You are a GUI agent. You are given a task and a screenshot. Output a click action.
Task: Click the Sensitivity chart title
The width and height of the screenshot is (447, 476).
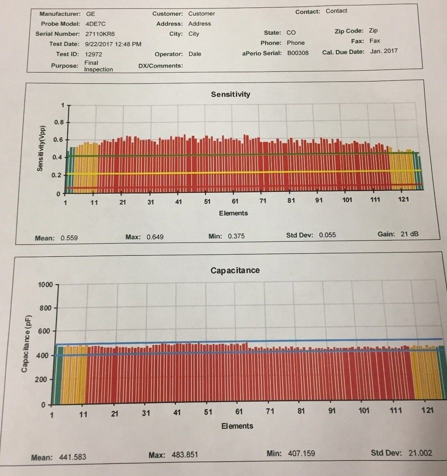(x=230, y=94)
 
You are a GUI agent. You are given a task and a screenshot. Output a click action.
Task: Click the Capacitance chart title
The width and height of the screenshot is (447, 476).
(x=235, y=270)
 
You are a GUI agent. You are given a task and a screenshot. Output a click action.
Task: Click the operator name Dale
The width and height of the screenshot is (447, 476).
(x=195, y=54)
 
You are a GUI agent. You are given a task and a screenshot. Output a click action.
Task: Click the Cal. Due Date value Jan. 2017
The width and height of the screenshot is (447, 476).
(x=382, y=51)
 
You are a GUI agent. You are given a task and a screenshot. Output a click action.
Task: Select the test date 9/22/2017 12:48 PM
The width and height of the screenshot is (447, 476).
(x=113, y=44)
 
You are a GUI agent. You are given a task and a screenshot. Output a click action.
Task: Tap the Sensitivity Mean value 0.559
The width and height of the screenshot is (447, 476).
(x=69, y=238)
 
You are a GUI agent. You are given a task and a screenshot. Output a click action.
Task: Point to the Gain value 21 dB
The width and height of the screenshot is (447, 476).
(x=409, y=234)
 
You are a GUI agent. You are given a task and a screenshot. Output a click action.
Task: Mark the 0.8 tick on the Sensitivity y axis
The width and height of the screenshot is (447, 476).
(x=58, y=122)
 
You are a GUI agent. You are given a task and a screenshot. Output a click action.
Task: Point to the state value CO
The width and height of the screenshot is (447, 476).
(x=291, y=32)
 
